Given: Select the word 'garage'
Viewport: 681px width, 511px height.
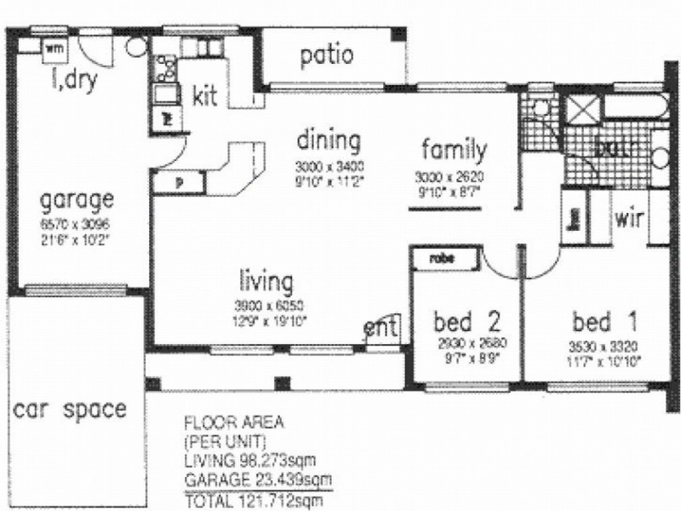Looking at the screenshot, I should click(77, 201).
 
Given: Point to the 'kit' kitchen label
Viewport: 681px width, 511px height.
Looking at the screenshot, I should click(205, 94).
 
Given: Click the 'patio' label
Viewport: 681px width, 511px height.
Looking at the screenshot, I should click(326, 55).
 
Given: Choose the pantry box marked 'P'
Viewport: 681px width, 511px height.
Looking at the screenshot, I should click(178, 181).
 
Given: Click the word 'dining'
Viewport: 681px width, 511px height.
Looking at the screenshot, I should click(328, 140).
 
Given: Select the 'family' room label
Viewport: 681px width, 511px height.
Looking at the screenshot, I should click(455, 150).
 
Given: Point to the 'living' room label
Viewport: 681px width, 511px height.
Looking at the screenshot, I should click(266, 280).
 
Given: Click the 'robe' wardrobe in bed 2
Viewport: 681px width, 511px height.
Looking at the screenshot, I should click(441, 255).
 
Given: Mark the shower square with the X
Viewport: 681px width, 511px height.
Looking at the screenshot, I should click(584, 111).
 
